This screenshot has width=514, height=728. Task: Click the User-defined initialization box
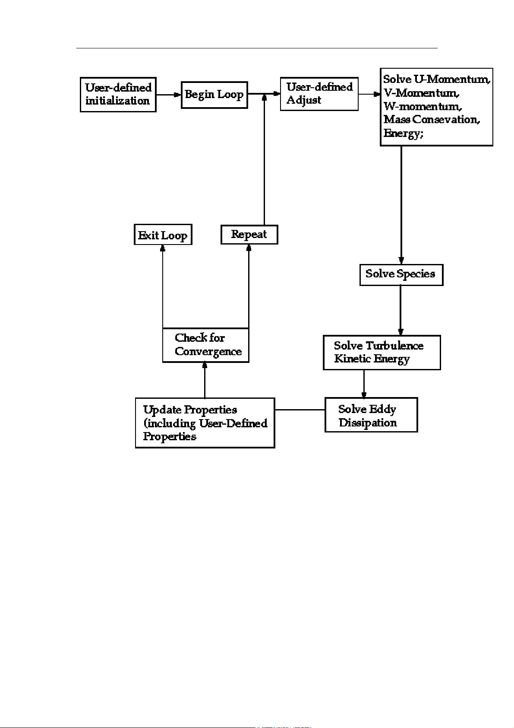tap(118, 95)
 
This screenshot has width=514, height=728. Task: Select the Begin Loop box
tap(214, 95)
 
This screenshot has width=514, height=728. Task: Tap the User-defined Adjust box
tap(319, 94)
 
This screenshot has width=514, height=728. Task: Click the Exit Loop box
tap(163, 235)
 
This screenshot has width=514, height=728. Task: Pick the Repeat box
tap(249, 235)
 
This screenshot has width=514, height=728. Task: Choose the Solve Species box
tap(401, 275)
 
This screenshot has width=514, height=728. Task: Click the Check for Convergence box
tap(205, 345)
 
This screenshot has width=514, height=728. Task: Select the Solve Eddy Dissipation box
tap(371, 415)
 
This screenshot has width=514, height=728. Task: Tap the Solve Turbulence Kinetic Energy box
tap(382, 352)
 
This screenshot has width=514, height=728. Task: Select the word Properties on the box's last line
tap(170, 436)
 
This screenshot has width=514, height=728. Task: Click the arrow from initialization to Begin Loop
tap(168, 94)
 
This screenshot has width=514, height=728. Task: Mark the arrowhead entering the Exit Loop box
tap(163, 248)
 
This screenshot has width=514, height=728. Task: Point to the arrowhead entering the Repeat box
tap(249, 248)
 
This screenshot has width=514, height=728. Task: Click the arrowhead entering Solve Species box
tap(401, 261)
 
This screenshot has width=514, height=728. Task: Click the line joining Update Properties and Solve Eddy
tap(300, 409)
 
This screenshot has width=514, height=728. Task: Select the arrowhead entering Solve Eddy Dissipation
tap(364, 394)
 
